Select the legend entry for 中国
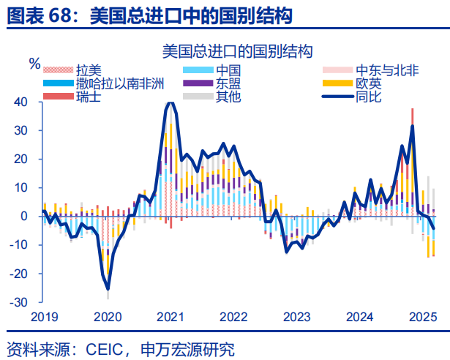pos(225,71)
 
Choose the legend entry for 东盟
pos(225,83)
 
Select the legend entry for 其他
pos(225,96)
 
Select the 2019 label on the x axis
pos(45,317)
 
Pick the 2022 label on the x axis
pos(233,317)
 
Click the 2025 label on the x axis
pos(422,317)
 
